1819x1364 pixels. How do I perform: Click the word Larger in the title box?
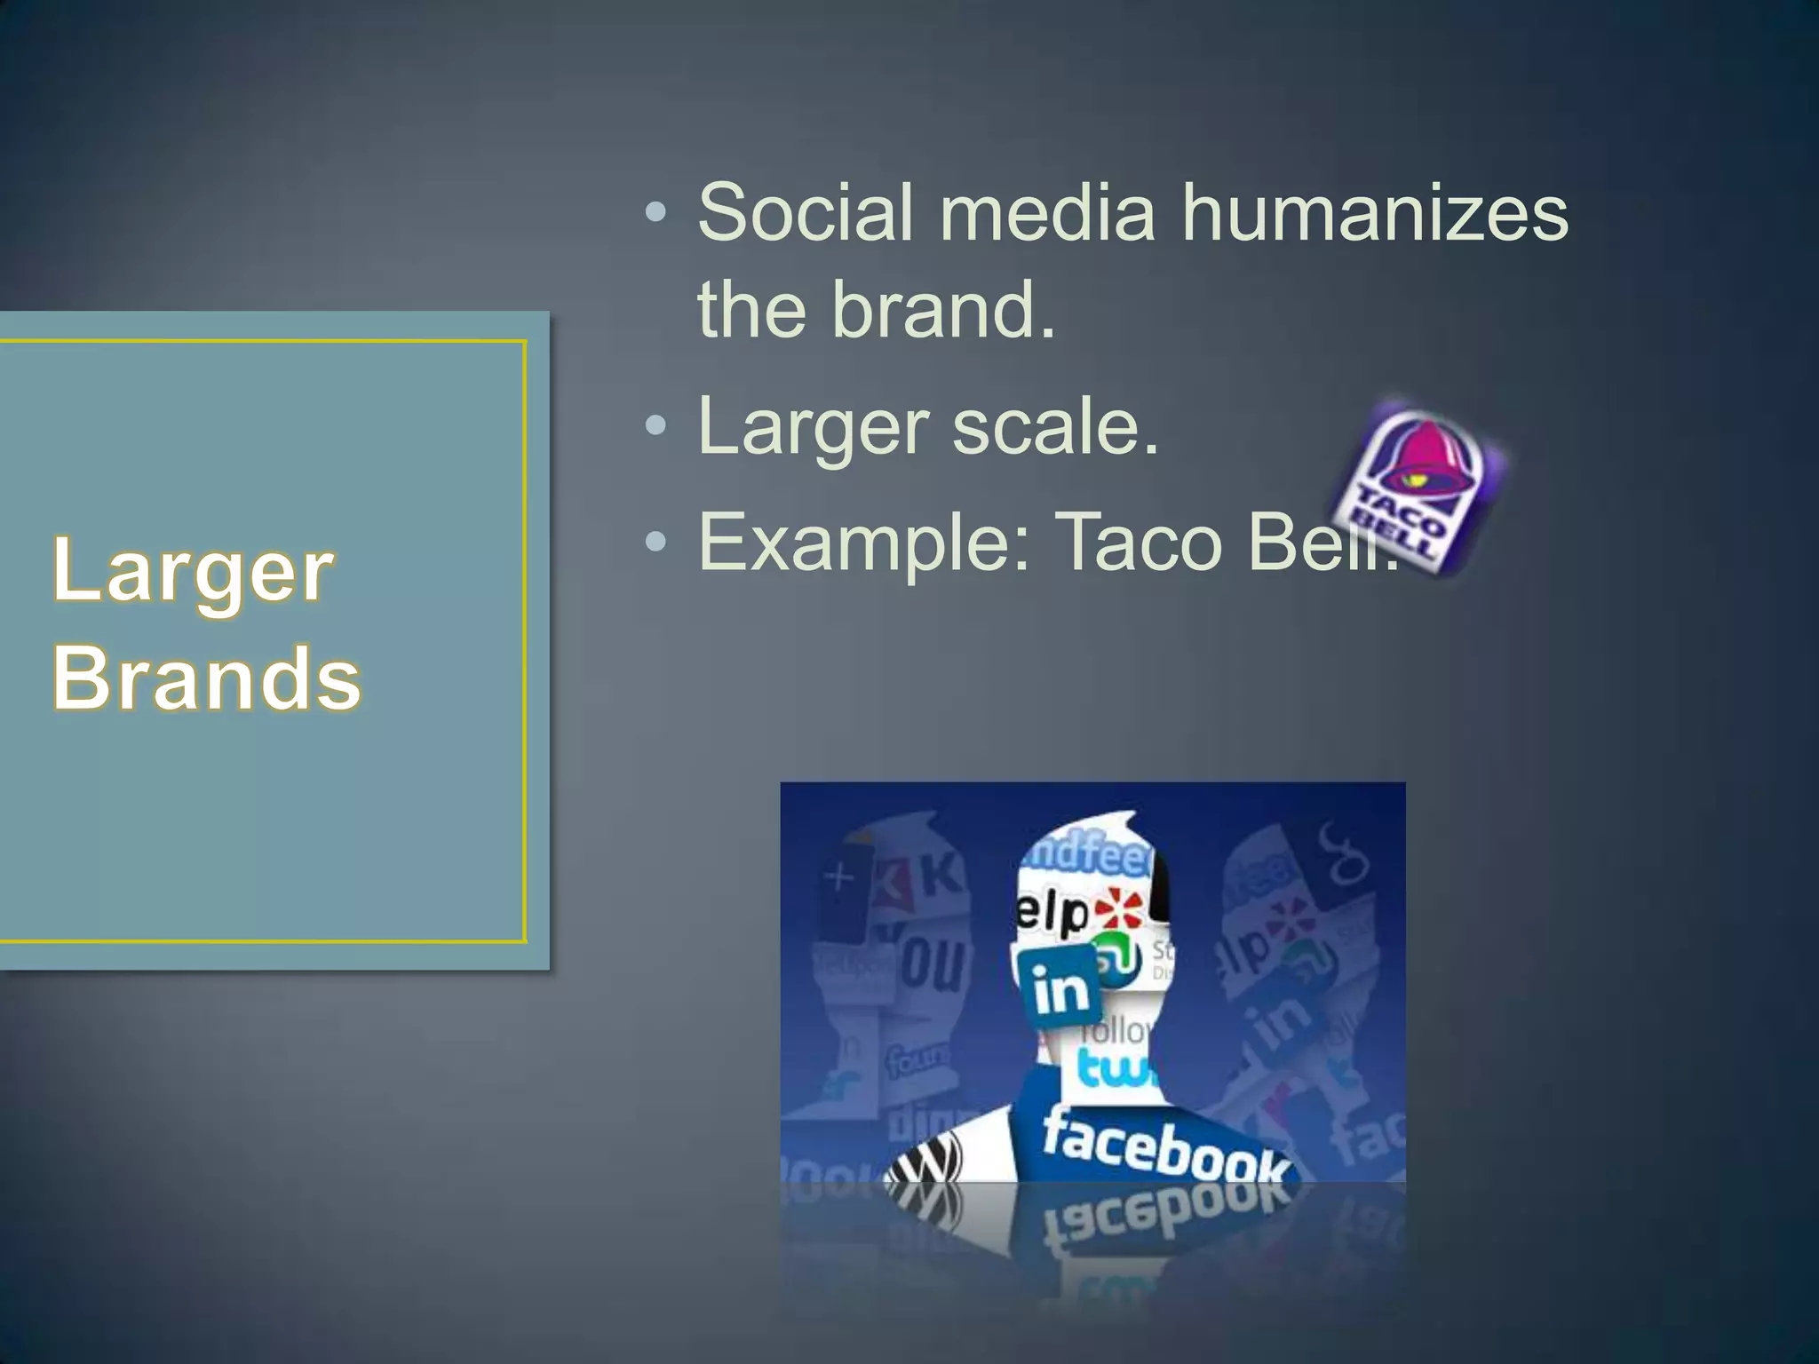[193, 571]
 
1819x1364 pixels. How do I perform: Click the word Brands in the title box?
[206, 679]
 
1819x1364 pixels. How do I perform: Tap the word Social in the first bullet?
[805, 213]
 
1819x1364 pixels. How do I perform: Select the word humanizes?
[1374, 213]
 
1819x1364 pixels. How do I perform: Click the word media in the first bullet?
[1047, 213]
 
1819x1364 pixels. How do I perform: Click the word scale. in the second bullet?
[1055, 427]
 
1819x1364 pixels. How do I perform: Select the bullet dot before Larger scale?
[655, 427]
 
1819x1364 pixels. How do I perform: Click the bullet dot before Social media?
[655, 213]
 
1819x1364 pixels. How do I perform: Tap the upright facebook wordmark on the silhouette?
[1164, 1150]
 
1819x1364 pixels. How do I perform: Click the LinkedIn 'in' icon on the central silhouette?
[1060, 987]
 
